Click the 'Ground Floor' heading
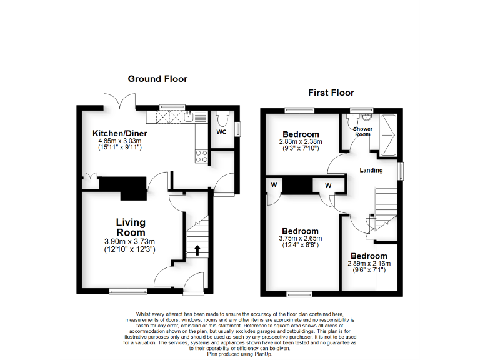(x=157, y=79)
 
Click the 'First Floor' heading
(x=331, y=92)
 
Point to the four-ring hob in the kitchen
(x=202, y=156)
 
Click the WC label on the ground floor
(x=221, y=132)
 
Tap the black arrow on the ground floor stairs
(x=197, y=250)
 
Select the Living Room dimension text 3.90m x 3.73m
(x=130, y=242)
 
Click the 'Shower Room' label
(x=363, y=131)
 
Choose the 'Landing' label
(x=371, y=169)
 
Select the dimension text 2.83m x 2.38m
(x=301, y=142)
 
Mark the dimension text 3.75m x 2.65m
(x=301, y=239)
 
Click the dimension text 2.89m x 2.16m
(x=369, y=264)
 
